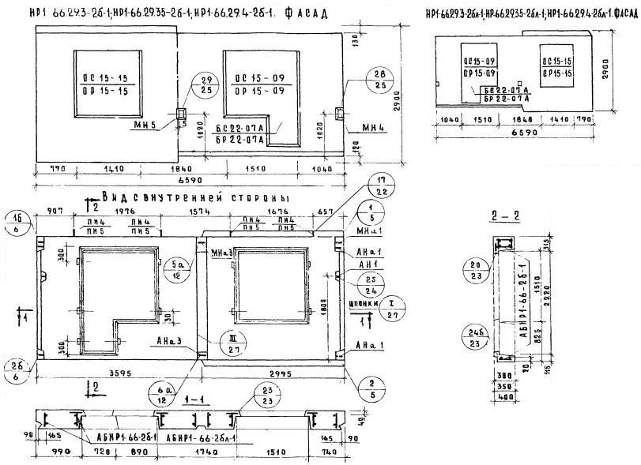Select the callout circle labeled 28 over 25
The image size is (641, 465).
379,78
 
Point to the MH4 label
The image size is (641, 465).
372,126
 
